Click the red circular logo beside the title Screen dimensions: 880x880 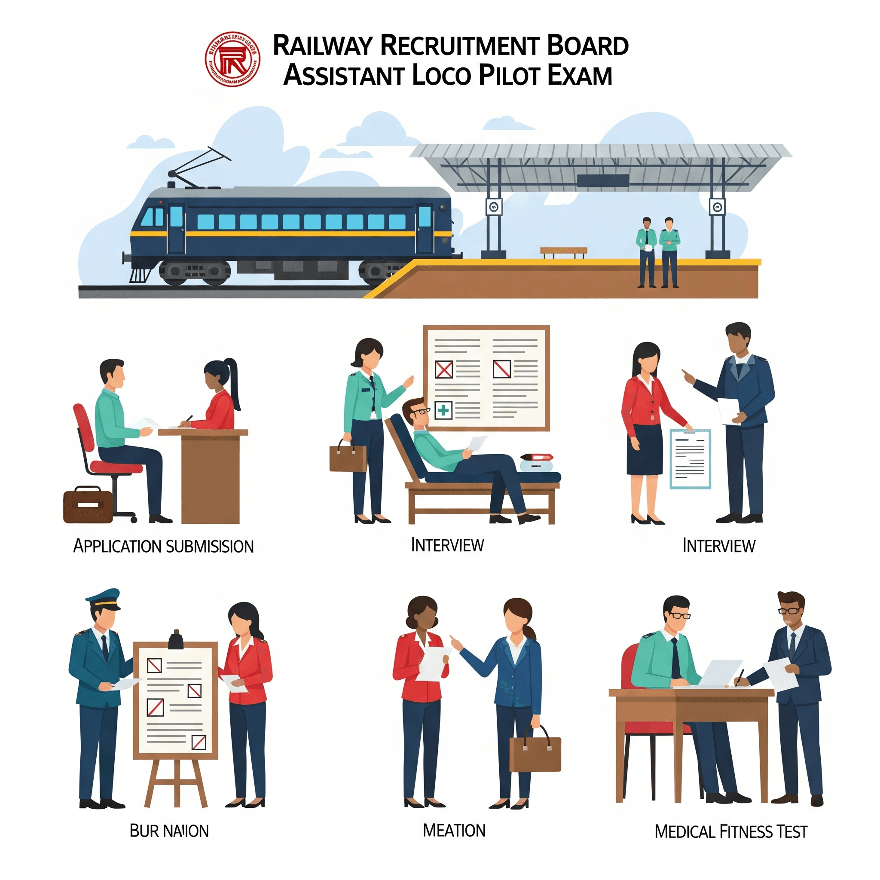233,59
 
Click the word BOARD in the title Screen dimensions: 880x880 587,46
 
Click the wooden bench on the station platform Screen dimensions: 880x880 563,252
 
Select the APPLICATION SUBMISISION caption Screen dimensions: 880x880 163,546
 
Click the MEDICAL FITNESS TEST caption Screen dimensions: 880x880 730,832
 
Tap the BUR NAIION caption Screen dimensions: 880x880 169,831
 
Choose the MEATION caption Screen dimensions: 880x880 454,830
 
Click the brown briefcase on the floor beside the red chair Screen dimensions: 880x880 88,505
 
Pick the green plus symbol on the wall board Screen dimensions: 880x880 443,411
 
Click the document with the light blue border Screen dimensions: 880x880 690,458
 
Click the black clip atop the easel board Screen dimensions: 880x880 175,640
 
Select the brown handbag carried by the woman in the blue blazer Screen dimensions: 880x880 535,754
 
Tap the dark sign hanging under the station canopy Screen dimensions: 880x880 602,181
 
